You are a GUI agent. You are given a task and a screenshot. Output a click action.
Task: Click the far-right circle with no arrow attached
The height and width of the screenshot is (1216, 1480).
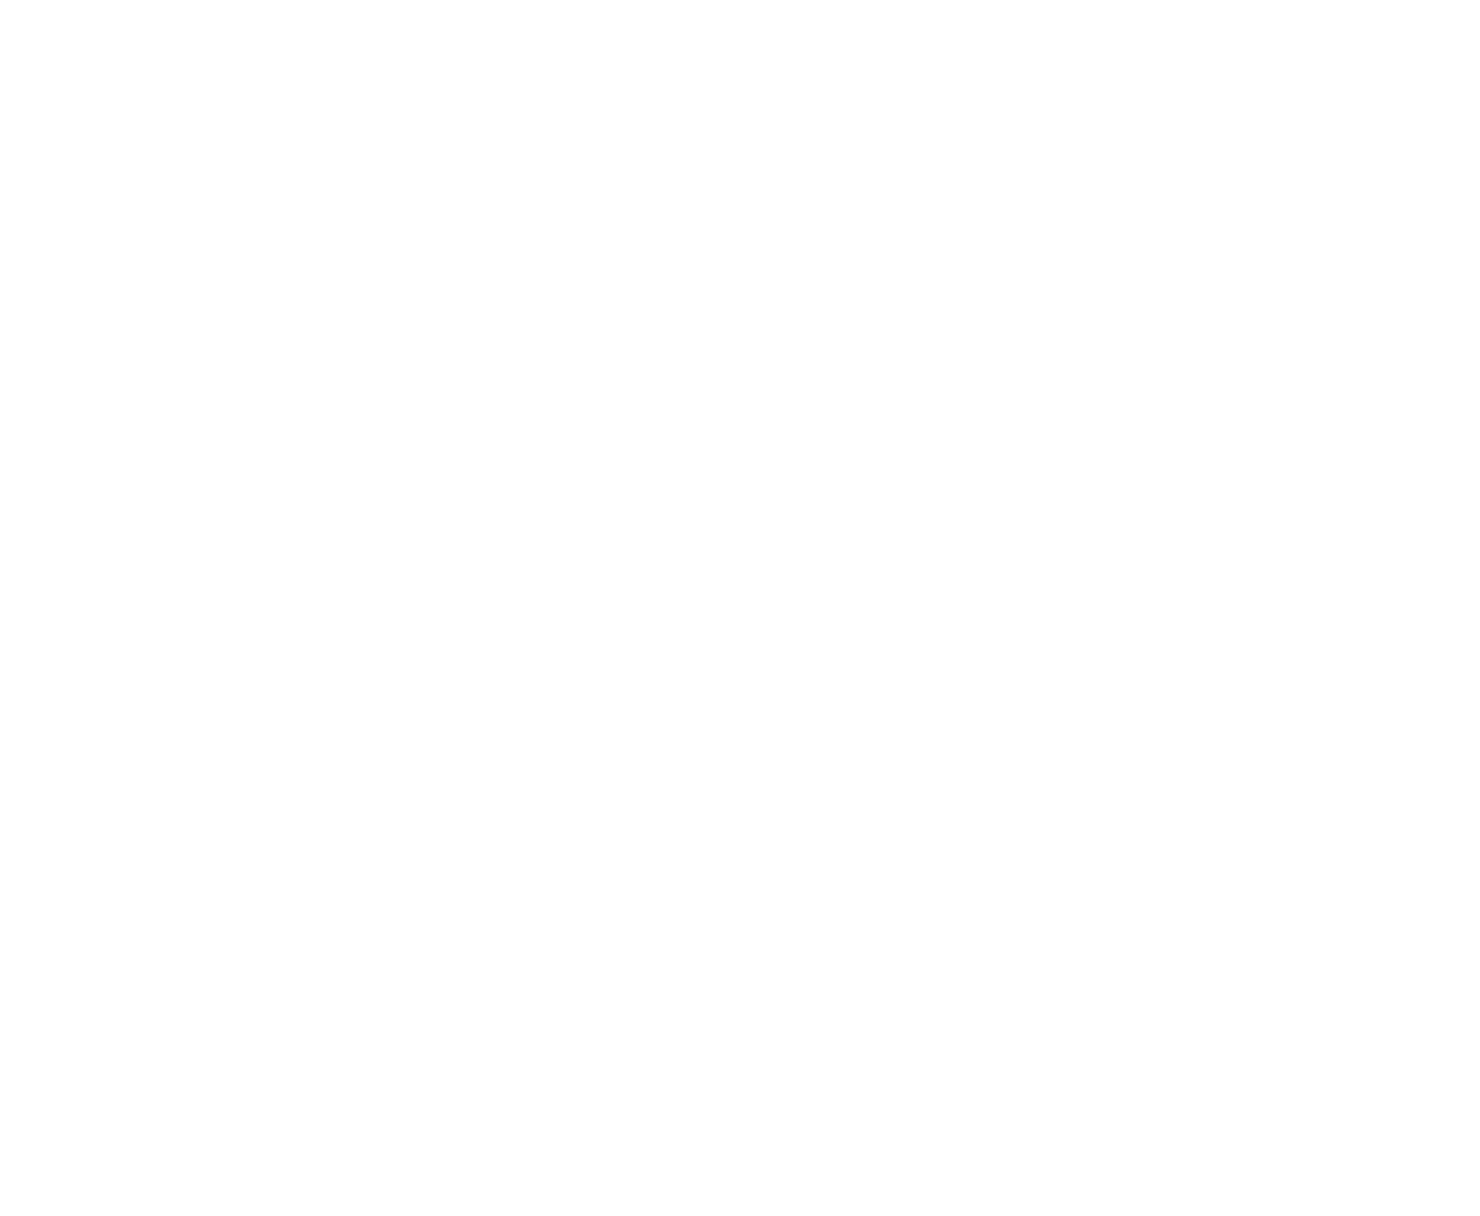[1191, 313]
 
